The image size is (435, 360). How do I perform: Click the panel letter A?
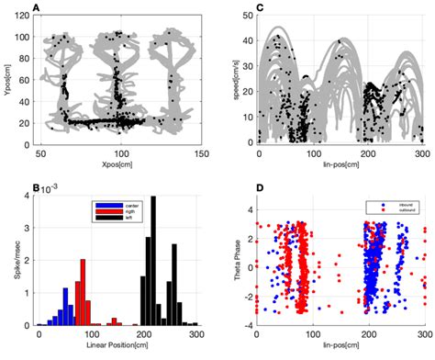pyautogui.click(x=36, y=8)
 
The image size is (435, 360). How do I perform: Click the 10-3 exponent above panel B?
pyautogui.click(x=50, y=189)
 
